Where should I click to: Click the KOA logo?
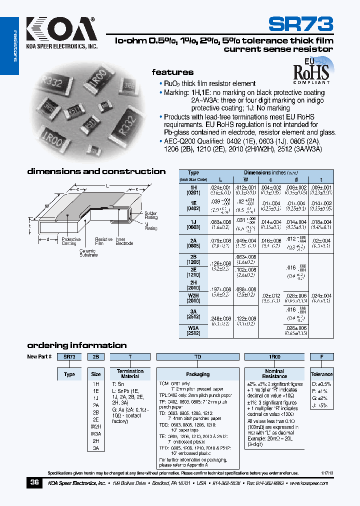pyautogui.click(x=60, y=30)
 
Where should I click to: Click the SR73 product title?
pyautogui.click(x=300, y=23)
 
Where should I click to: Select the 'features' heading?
pyautogui.click(x=172, y=72)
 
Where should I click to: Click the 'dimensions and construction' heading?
pyautogui.click(x=96, y=171)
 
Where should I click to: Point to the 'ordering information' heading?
pyautogui.click(x=76, y=345)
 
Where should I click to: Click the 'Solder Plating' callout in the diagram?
pyautogui.click(x=151, y=215)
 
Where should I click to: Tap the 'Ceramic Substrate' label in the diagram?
pyautogui.click(x=88, y=253)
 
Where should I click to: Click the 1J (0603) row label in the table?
pyautogui.click(x=193, y=224)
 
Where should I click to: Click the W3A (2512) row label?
pyautogui.click(x=193, y=330)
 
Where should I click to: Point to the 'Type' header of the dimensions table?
pyautogui.click(x=193, y=172)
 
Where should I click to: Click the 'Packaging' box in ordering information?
pyautogui.click(x=197, y=374)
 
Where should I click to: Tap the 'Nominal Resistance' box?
pyautogui.click(x=274, y=373)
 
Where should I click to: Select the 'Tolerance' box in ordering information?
pyautogui.click(x=321, y=374)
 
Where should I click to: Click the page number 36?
pyautogui.click(x=34, y=483)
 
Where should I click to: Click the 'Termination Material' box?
pyautogui.click(x=130, y=374)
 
